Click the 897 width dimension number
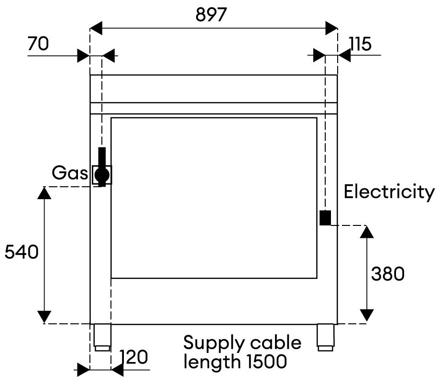coord(211,15)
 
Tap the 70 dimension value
coord(38,44)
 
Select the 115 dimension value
coord(360,44)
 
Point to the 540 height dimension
coord(22,252)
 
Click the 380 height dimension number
coord(388,274)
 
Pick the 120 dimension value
coord(133,357)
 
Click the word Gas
coord(70,173)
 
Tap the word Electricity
coord(389,192)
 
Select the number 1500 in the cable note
coord(266,362)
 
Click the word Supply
coord(214,343)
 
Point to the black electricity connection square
coord(325,218)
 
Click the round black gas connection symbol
coord(102,175)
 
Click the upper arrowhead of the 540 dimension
coord(44,193)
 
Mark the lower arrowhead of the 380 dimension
coord(367,315)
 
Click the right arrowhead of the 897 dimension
coord(331,28)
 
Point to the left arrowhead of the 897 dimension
coord(96,28)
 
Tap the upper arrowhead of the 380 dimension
coord(367,232)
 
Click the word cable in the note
coord(276,342)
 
